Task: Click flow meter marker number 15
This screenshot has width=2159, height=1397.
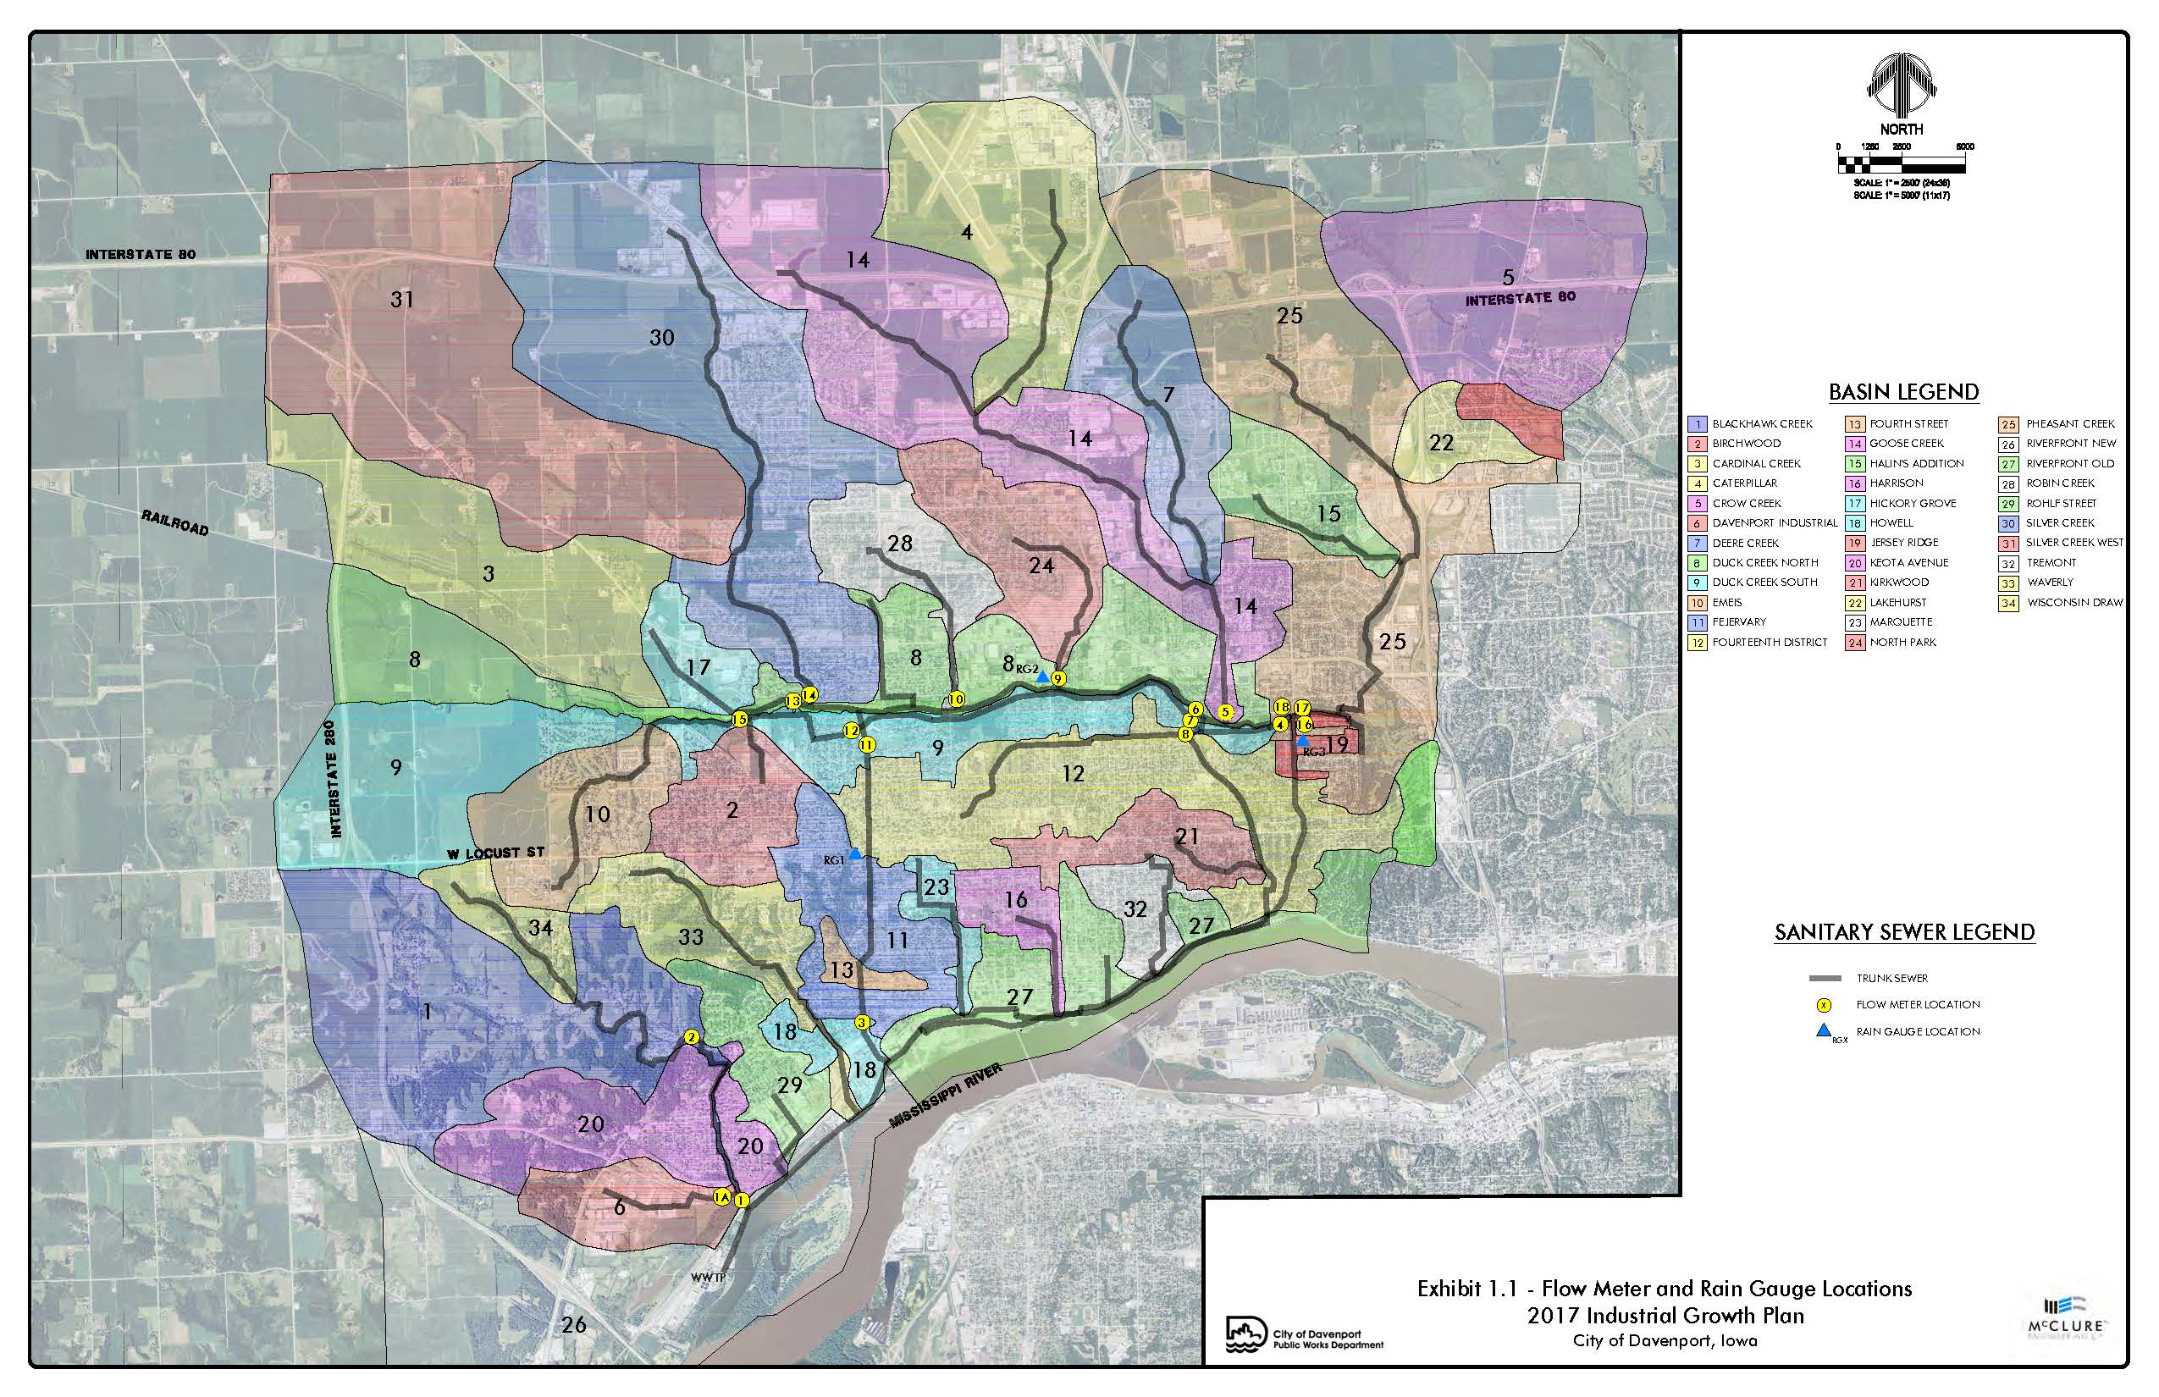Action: click(739, 720)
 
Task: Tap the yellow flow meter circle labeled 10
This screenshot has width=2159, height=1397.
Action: click(955, 699)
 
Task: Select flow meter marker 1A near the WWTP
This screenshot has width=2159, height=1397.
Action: click(722, 1196)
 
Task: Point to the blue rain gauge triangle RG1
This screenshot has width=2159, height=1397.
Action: click(854, 853)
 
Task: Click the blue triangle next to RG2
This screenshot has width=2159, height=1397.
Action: click(1043, 676)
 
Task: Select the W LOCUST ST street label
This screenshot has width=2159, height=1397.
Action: click(495, 853)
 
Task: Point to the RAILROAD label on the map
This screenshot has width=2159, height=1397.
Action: click(174, 522)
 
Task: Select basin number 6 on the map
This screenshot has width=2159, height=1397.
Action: click(620, 1207)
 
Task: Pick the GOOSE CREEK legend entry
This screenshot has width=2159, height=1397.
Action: click(1906, 444)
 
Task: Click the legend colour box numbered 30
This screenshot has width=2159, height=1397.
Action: click(2008, 523)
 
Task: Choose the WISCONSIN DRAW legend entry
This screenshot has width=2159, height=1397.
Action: click(2074, 602)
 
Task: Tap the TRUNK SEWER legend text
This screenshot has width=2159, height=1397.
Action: click(1892, 978)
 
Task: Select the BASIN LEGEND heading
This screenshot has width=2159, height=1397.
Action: click(1903, 392)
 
